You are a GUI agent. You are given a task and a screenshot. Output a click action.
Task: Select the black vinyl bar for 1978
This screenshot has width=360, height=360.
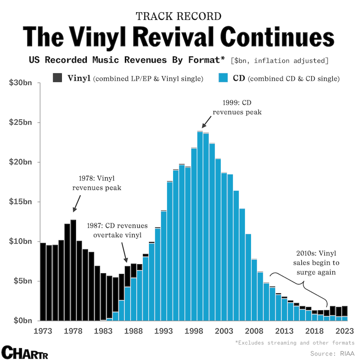coord(73,270)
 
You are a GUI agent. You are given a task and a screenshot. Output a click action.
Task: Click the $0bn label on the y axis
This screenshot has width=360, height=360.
coord(22,320)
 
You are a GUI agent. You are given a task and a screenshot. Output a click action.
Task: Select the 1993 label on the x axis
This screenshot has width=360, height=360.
coord(163,330)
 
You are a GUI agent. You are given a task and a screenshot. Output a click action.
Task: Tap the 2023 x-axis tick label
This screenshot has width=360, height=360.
coord(344,330)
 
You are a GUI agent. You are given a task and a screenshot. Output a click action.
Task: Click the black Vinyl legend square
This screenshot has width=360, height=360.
coord(58,78)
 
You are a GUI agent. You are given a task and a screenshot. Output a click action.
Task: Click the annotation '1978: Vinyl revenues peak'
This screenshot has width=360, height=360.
coord(97,183)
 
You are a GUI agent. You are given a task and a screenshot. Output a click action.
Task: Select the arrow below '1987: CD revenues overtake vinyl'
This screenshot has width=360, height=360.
coord(124,252)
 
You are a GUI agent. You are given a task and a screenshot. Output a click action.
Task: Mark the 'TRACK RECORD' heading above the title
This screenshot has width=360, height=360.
coord(179,16)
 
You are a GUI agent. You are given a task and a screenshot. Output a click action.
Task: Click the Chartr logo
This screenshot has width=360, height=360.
coord(24,352)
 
